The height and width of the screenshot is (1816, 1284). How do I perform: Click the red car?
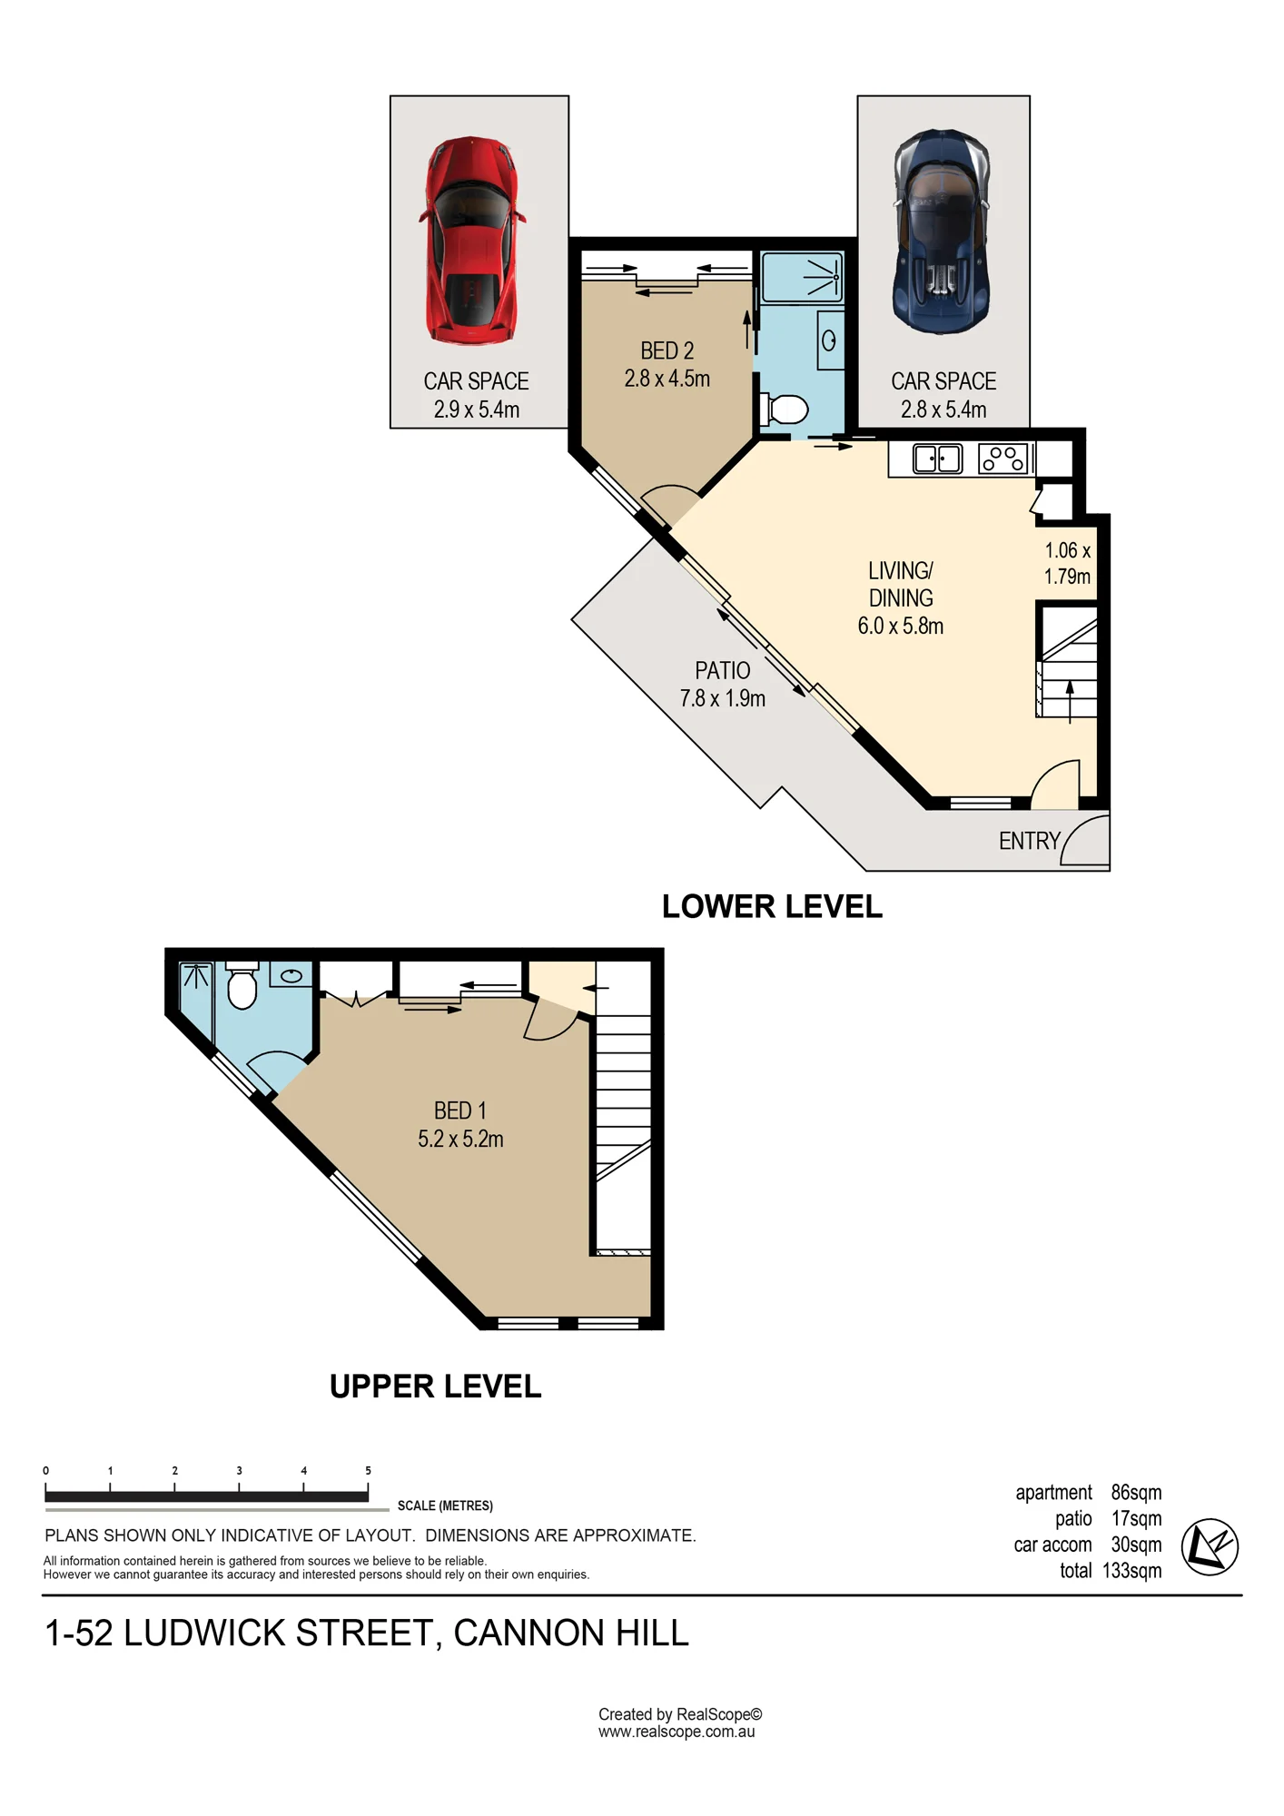pyautogui.click(x=471, y=241)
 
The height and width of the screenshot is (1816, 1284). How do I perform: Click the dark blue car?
pyautogui.click(x=942, y=231)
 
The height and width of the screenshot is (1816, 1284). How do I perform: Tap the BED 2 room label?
pyautogui.click(x=667, y=350)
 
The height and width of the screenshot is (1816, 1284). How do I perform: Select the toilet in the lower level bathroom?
pyautogui.click(x=784, y=410)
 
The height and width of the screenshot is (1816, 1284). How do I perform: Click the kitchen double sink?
pyautogui.click(x=938, y=459)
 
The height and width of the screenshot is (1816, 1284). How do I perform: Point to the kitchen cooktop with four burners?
pyautogui.click(x=1003, y=459)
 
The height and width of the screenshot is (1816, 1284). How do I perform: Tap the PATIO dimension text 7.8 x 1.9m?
pyautogui.click(x=723, y=698)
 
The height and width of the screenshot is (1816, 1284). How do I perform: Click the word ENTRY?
pyautogui.click(x=1030, y=841)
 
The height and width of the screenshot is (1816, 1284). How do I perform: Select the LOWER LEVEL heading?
pyautogui.click(x=772, y=906)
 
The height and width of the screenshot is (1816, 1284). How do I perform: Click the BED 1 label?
pyautogui.click(x=460, y=1110)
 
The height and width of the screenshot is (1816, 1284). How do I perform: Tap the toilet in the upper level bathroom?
pyautogui.click(x=242, y=986)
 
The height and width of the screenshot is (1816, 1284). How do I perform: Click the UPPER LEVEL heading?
pyautogui.click(x=435, y=1387)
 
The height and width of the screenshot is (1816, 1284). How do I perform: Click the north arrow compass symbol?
pyautogui.click(x=1210, y=1546)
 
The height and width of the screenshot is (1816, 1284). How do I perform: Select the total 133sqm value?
pyautogui.click(x=1131, y=1571)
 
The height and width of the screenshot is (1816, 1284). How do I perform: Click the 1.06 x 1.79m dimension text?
pyautogui.click(x=1067, y=563)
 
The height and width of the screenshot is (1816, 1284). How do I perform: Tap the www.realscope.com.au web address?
pyautogui.click(x=677, y=1732)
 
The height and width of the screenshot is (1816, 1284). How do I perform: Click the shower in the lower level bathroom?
pyautogui.click(x=802, y=277)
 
